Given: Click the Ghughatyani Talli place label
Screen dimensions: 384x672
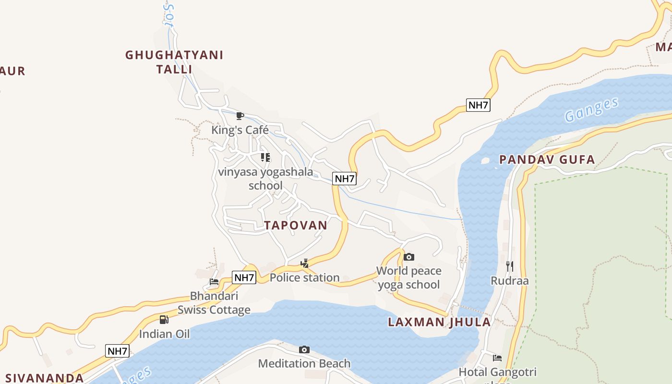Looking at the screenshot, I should pos(174,62).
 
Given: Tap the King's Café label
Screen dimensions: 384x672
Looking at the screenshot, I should pos(240,130).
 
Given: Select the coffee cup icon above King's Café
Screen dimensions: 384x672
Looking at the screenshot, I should pos(240,116).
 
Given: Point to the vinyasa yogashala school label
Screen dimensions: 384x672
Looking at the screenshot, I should pos(265,179).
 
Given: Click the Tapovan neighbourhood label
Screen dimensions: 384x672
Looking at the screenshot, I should pos(296,225).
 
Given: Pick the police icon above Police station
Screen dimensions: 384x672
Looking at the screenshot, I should pos(304,263).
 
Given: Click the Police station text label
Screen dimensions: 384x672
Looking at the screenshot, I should pos(304,277).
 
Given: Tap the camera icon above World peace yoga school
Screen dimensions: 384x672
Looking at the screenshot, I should pos(409,257).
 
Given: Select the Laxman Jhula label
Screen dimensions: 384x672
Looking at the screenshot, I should pos(439,322).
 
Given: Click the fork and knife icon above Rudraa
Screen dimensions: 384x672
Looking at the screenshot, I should pos(510,266).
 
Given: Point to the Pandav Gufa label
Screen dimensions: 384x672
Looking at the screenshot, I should pos(547,159).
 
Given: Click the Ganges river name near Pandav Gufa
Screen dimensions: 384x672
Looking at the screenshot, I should pos(591,109).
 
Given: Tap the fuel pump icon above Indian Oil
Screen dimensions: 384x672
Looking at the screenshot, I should pos(164,320).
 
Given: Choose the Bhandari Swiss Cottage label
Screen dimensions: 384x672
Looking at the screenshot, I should pos(214,303).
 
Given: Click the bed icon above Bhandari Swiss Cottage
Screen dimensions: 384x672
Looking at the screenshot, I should pos(214,282).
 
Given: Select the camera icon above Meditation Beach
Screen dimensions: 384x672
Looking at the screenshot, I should pos(304,349).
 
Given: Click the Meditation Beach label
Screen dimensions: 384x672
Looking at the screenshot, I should pos(304,363).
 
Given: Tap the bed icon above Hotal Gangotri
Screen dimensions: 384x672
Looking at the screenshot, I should pos(497,358).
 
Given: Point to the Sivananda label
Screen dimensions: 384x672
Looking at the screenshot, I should pos(45,378).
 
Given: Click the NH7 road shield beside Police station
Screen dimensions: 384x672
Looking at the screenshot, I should pos(244,277).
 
